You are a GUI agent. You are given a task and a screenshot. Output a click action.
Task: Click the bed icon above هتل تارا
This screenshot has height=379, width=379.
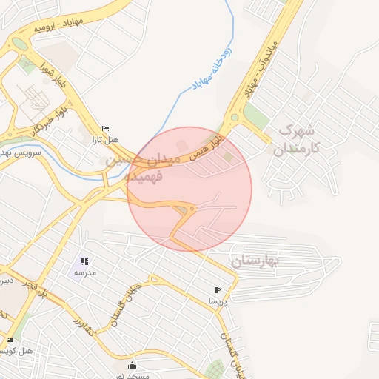click(x=105, y=128)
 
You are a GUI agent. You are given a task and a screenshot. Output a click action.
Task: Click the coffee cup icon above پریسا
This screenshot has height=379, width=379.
click(x=216, y=289)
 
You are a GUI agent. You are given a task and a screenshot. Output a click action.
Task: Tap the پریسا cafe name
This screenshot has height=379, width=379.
click(x=216, y=301)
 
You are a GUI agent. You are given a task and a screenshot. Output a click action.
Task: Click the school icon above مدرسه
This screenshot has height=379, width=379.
click(x=84, y=261)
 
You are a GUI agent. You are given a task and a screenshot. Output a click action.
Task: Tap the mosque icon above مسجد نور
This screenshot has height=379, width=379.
click(x=133, y=364)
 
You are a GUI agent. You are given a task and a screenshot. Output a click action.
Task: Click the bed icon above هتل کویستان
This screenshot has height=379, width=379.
click(x=10, y=340)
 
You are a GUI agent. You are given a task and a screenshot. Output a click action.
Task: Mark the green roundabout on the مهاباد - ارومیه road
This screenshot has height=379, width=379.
click(x=19, y=44)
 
